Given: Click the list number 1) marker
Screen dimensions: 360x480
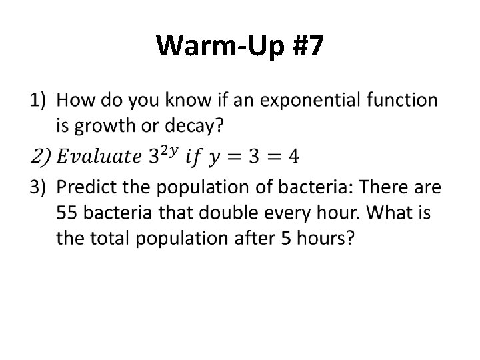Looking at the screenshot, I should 39,101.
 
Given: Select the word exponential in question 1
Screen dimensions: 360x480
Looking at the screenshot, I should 311,101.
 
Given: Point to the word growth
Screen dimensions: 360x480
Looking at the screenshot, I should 101,124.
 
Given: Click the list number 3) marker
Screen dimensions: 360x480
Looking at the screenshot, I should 39,187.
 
